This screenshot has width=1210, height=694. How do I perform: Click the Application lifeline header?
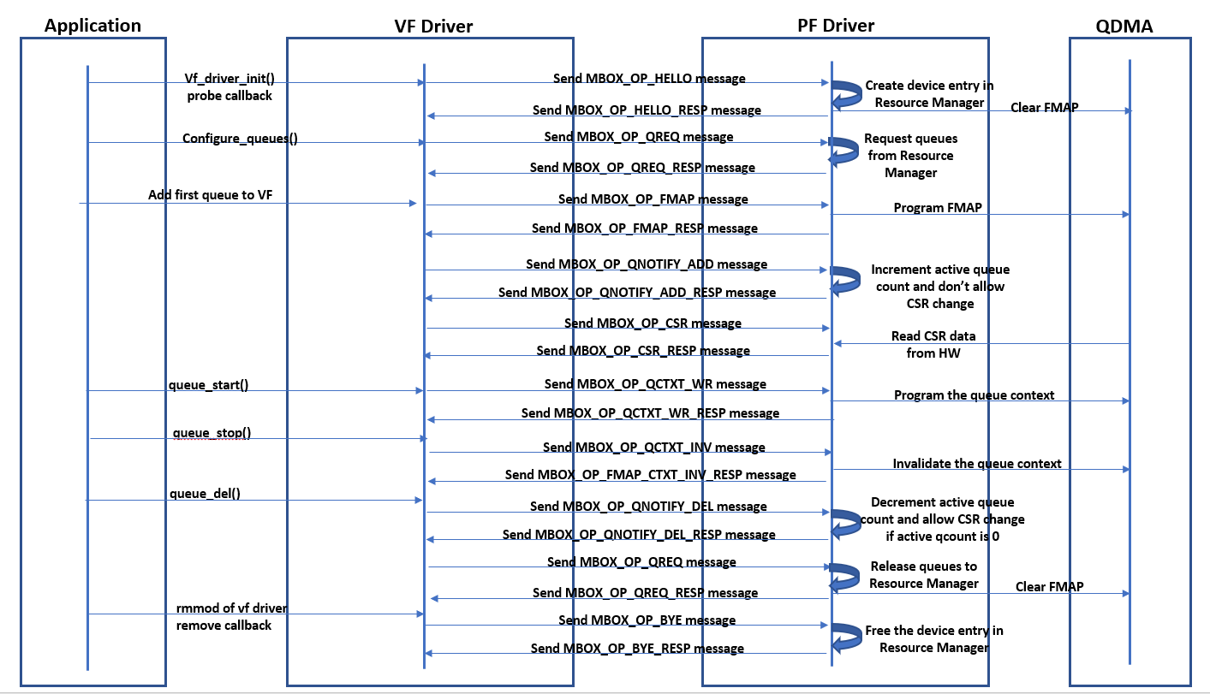92,26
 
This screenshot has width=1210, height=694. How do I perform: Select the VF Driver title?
433,27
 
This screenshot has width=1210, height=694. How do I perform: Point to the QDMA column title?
1124,27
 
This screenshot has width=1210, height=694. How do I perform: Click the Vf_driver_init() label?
229,78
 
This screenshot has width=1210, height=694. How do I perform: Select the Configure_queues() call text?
240,138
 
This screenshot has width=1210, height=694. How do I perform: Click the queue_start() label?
209,384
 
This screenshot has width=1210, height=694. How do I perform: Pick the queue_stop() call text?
212,432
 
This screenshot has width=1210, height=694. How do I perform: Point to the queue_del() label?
205,493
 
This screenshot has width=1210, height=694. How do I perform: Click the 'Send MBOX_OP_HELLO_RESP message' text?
647,110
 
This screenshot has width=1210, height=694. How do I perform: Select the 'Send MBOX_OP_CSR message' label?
653,323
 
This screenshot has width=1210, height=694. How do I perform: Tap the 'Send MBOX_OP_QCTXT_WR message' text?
655,384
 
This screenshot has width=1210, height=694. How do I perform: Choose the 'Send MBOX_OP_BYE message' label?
647,620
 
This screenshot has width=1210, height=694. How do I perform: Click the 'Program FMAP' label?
937,207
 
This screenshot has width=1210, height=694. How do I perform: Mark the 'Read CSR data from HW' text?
933,344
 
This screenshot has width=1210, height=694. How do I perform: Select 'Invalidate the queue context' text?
977,464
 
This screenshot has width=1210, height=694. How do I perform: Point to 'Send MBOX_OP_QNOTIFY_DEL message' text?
648,506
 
